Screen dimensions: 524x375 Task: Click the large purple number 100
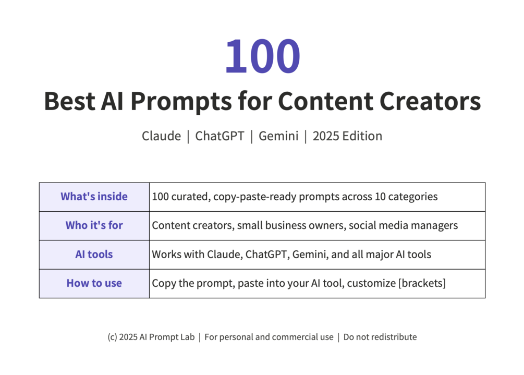click(x=263, y=56)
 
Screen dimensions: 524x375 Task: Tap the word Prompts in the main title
click(x=181, y=102)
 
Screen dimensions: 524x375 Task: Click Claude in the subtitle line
click(x=161, y=136)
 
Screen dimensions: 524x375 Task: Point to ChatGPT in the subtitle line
click(x=220, y=136)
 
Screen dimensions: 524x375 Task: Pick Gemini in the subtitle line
click(x=278, y=136)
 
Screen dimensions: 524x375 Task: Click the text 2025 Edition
click(x=347, y=136)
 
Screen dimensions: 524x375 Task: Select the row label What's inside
click(x=94, y=197)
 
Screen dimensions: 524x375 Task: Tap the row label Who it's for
click(x=94, y=225)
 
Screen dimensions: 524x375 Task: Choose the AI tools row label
click(x=94, y=255)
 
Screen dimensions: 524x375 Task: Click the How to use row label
click(x=94, y=283)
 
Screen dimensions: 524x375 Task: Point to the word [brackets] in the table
click(x=422, y=283)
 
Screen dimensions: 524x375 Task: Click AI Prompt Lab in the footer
click(x=167, y=337)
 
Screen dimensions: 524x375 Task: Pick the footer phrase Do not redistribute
click(x=380, y=337)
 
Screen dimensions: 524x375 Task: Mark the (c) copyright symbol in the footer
click(x=112, y=337)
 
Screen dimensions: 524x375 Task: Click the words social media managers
click(x=404, y=226)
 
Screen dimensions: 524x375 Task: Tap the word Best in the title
click(x=69, y=101)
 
